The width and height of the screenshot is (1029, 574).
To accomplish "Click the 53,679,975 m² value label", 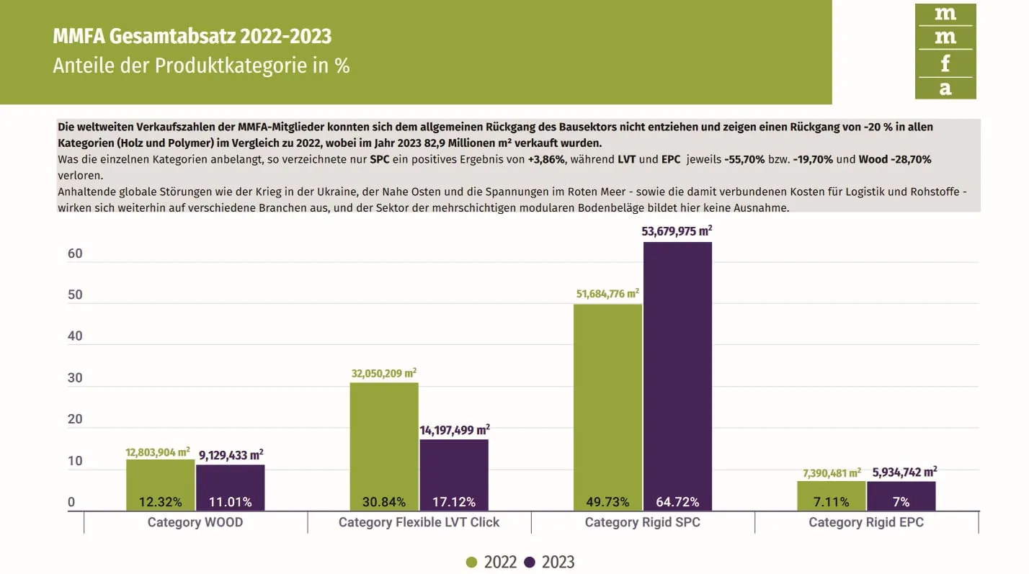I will [677, 232].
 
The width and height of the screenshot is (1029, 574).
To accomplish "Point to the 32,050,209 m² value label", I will [384, 374].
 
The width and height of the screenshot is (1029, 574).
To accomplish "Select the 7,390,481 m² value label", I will [832, 473].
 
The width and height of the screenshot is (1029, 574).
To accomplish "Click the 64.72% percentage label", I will [677, 502].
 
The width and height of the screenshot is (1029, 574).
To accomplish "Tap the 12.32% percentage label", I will [160, 502].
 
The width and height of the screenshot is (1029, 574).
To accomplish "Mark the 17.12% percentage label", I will [453, 502].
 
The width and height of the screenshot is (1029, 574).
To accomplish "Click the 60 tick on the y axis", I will [76, 254].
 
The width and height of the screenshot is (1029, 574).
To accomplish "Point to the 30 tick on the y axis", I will [76, 378].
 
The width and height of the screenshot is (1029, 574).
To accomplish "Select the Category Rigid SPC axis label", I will [642, 522].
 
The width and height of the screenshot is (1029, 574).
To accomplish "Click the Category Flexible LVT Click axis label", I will [419, 522].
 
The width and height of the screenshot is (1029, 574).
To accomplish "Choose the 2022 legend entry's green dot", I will [472, 562].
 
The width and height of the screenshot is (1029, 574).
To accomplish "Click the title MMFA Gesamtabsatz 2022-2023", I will [192, 37].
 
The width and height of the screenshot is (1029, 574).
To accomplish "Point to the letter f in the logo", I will [945, 63].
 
